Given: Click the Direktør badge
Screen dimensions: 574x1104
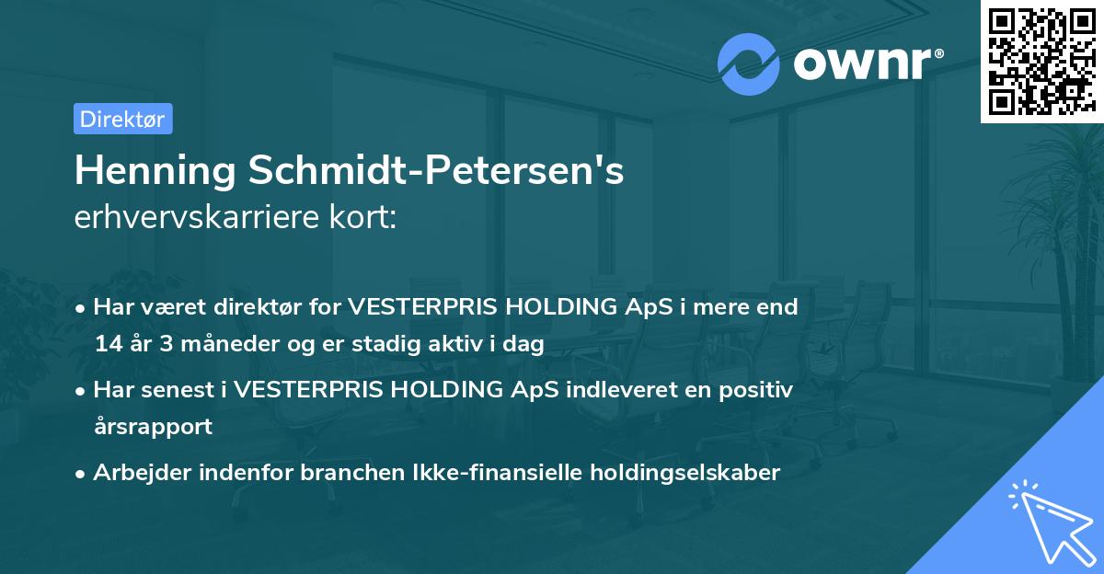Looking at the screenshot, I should [x=122, y=119].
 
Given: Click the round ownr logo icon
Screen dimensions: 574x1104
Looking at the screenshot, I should [x=749, y=63].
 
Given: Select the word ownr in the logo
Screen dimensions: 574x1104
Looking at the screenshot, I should [x=866, y=64].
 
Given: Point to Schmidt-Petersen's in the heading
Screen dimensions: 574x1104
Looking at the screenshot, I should [x=437, y=171].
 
